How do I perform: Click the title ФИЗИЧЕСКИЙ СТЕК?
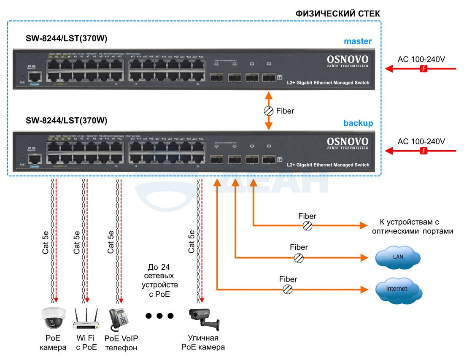point(337,14)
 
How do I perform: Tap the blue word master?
point(357,41)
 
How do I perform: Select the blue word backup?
point(358,123)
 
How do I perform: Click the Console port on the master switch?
point(34,78)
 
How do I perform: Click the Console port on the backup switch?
point(34,160)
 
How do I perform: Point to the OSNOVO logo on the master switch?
point(348,60)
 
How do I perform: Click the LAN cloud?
point(398,257)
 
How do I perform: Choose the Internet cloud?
point(397,289)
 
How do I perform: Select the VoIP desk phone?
point(119,319)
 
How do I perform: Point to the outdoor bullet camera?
point(204,319)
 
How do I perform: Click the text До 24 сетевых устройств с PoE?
point(159,281)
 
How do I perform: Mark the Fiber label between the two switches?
point(285,111)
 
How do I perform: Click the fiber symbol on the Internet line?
point(288,289)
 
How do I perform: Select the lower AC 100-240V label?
point(421,141)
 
